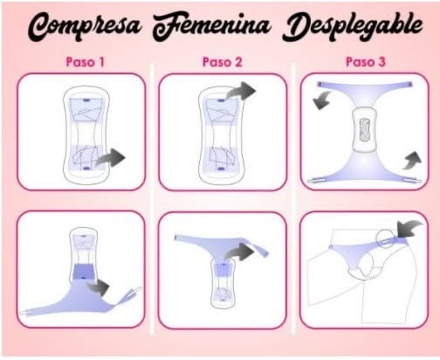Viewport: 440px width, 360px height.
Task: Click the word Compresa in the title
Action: click(85, 26)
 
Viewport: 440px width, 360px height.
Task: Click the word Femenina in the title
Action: click(211, 25)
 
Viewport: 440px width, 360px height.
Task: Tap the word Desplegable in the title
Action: click(353, 26)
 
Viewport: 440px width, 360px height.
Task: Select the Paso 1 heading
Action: click(85, 62)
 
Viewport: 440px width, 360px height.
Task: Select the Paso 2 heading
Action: click(222, 62)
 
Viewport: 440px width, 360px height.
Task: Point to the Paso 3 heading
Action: click(366, 62)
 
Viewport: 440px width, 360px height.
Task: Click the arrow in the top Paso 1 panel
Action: click(111, 158)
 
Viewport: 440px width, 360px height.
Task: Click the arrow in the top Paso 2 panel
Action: click(241, 91)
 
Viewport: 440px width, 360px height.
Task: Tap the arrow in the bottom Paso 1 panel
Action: click(98, 287)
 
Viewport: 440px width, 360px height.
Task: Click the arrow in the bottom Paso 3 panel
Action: click(409, 229)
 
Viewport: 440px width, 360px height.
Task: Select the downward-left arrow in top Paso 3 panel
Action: click(322, 100)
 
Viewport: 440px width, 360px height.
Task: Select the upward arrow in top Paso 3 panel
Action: click(412, 161)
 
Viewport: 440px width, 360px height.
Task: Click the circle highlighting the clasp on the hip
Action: click(386, 239)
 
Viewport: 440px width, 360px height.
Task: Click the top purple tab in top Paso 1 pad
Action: click(86, 100)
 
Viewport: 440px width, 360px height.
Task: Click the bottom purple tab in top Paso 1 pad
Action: click(86, 169)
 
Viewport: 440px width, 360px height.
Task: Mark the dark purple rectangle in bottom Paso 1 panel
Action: click(84, 272)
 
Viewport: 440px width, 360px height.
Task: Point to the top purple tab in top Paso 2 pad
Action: click(222, 100)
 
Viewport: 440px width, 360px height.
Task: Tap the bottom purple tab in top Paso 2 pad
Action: click(220, 169)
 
